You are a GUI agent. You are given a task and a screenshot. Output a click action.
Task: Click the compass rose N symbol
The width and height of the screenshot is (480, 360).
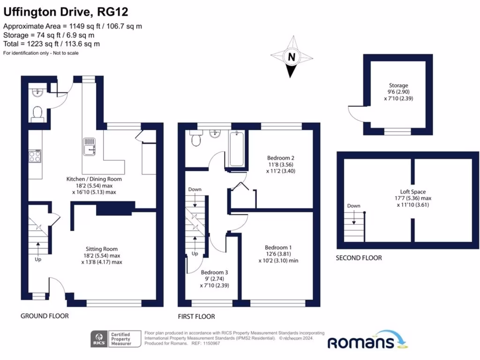coord(292,58)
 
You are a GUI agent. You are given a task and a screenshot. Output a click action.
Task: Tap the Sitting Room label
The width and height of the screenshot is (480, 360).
coord(101,249)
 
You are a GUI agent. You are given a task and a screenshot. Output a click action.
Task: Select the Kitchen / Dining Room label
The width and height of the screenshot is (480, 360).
coord(94,179)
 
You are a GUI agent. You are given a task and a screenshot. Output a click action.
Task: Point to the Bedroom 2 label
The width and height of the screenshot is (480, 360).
coord(281,158)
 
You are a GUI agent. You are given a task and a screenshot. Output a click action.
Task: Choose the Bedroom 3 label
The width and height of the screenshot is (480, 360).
coord(215,272)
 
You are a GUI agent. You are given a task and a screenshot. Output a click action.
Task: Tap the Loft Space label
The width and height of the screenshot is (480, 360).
coord(412,192)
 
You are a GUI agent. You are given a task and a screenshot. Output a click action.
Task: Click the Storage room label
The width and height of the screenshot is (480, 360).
coord(398,86)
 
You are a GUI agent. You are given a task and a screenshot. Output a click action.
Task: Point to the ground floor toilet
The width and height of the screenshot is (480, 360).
coord(37,112)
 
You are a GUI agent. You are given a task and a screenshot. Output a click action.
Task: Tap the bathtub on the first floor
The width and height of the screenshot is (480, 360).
coord(236,149)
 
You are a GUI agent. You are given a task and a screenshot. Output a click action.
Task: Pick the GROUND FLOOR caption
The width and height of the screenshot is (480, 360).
coord(45,316)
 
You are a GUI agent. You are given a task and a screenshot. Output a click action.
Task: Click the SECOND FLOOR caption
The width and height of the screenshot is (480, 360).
coord(359,258)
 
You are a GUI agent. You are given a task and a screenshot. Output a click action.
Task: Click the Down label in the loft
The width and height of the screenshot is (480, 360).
coord(353,206)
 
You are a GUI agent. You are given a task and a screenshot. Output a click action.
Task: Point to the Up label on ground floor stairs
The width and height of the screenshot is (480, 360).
coord(37,259)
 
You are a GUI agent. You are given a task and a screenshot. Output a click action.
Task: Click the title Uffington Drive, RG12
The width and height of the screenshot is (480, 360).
coord(66,11)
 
